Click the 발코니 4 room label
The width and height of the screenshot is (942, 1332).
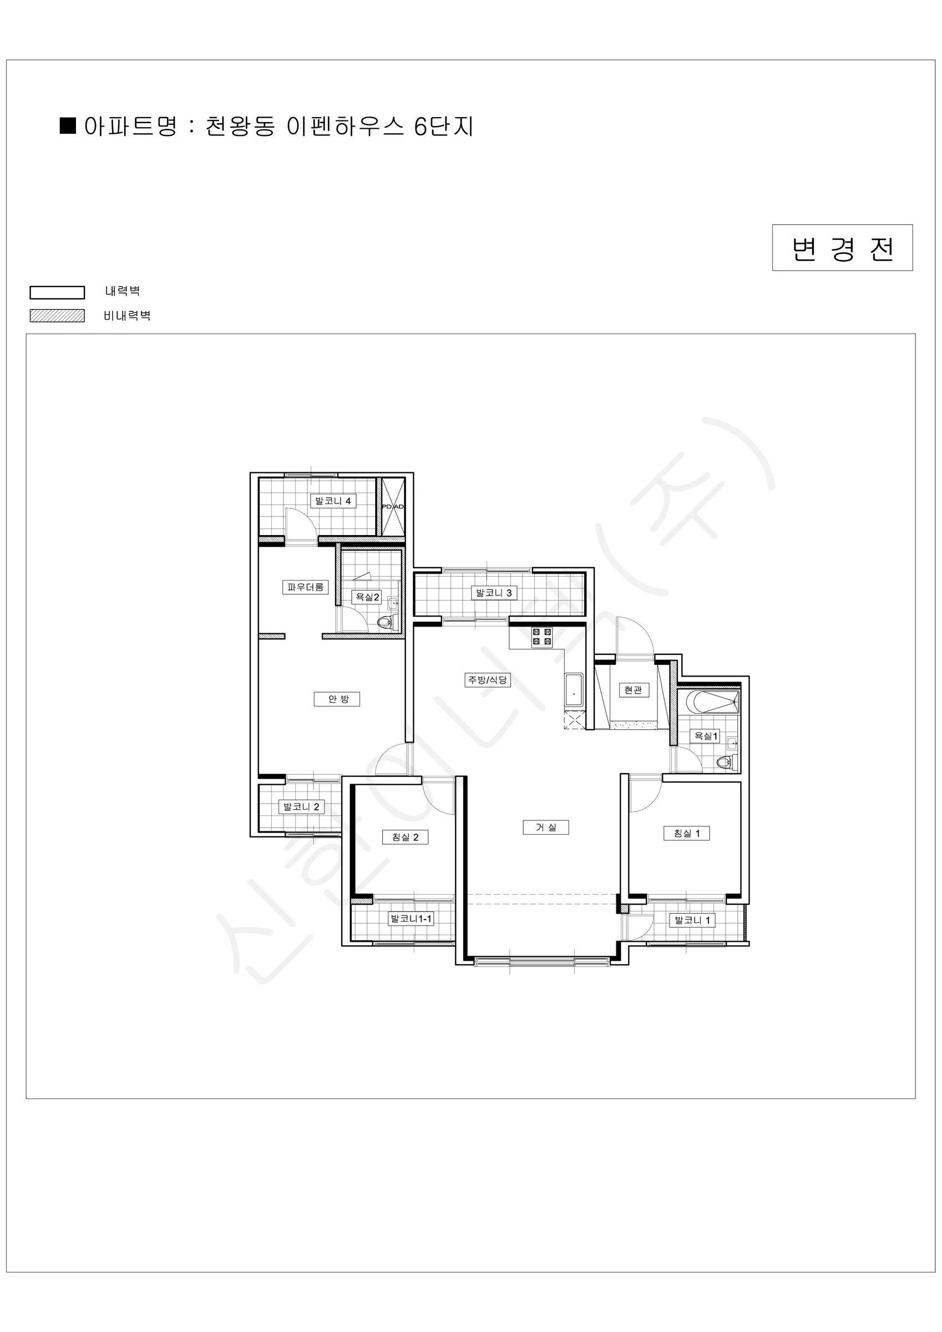click(333, 501)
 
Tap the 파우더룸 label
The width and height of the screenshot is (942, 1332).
click(306, 587)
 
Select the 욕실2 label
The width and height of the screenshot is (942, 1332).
click(367, 597)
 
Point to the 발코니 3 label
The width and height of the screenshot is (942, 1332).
click(494, 593)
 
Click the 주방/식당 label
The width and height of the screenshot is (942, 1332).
click(488, 680)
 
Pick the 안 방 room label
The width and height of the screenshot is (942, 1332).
click(337, 699)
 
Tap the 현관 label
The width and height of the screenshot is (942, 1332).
click(634, 690)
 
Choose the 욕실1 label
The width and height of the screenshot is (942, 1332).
click(706, 736)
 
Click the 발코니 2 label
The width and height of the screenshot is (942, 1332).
click(301, 806)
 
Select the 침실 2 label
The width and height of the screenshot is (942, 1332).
click(406, 837)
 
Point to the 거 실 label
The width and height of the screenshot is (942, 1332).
click(546, 828)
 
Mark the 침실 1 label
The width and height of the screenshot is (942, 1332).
click(687, 833)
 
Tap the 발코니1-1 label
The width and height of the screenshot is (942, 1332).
click(411, 919)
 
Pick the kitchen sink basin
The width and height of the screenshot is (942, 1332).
click(574, 690)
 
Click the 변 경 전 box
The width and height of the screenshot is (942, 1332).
click(842, 248)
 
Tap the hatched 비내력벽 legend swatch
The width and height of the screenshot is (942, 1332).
click(58, 316)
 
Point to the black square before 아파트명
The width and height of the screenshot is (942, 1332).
click(68, 126)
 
